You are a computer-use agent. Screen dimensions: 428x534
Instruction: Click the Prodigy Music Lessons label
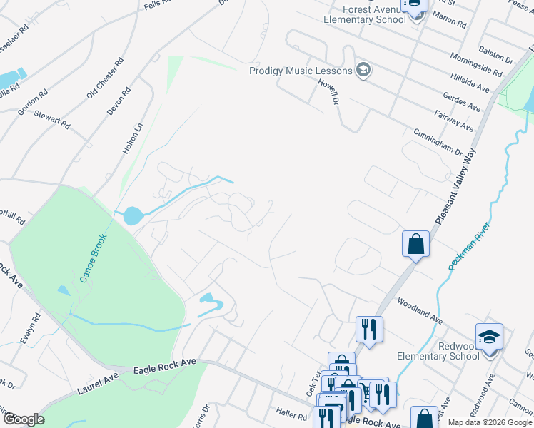coord(301,71)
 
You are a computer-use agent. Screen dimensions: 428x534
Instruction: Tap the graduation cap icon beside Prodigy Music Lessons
coord(363,70)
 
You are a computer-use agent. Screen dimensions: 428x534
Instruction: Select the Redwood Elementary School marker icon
coord(490,336)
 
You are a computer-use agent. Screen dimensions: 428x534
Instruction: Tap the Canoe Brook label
coord(94,258)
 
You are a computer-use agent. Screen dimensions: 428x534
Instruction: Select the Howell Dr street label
coord(327,93)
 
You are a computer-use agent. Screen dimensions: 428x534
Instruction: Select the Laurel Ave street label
coord(99,380)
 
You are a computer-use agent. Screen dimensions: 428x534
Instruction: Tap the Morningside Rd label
coord(476,64)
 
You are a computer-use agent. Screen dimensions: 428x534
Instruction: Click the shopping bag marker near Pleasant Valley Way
coord(415,245)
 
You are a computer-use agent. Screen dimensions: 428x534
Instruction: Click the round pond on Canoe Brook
coord(131,215)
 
